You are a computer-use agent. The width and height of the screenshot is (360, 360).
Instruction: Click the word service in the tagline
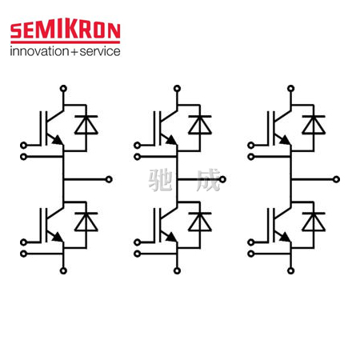tap(100, 51)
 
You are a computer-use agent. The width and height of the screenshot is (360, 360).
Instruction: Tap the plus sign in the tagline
tap(74, 52)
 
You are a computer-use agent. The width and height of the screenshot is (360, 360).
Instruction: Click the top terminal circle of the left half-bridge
tap(63, 88)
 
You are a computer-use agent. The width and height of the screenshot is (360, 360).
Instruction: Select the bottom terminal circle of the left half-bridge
tap(63, 271)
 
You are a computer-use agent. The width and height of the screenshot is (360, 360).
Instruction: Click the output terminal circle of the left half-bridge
tap(109, 179)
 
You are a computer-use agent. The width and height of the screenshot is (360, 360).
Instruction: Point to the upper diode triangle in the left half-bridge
tap(86, 125)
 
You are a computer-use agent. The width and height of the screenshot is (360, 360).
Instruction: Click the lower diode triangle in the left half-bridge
tap(86, 222)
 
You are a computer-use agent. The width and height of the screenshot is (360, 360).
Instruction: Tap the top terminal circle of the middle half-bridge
tap(177, 88)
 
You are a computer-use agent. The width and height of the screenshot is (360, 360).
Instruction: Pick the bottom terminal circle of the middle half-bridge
tap(177, 271)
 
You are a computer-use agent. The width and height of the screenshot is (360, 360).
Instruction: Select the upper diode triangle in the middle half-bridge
tap(200, 125)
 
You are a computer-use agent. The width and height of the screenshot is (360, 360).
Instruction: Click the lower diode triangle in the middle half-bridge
tap(200, 222)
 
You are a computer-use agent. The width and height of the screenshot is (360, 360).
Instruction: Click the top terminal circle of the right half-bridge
tap(291, 88)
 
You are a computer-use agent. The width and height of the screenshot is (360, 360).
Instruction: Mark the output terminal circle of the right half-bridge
tap(337, 179)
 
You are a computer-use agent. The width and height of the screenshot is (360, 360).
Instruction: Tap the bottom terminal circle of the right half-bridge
tap(291, 271)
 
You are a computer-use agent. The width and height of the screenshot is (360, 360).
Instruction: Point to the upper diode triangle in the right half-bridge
tap(314, 125)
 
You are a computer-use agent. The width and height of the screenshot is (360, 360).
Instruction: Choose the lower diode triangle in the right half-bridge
tap(314, 222)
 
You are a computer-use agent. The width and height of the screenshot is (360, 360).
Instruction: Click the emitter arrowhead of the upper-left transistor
tap(58, 140)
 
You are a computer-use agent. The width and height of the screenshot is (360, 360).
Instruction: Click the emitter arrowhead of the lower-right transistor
tap(286, 238)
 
